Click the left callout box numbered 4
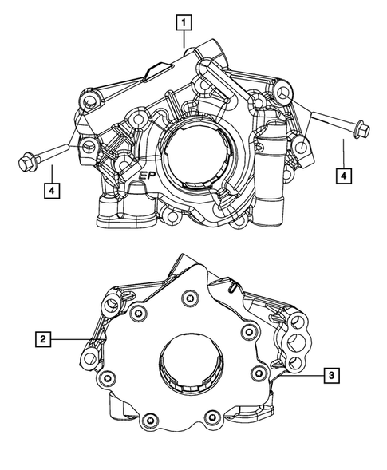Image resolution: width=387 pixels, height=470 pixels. [51, 190]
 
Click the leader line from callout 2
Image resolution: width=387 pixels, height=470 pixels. [72, 341]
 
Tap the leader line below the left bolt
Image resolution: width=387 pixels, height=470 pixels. [51, 173]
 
